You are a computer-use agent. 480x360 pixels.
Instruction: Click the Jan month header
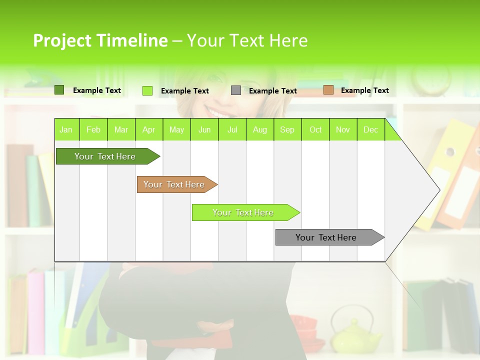[66, 129]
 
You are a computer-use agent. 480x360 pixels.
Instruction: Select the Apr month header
[149, 129]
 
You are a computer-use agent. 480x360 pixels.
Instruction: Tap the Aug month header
[260, 129]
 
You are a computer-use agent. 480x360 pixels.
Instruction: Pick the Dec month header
[371, 129]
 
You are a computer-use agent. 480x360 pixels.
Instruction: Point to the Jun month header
[204, 129]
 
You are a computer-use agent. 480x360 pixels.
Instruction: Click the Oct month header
[315, 129]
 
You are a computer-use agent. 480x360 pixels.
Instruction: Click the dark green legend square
[59, 90]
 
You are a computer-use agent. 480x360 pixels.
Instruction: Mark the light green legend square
[147, 90]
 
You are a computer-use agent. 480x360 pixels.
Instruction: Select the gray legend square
[236, 90]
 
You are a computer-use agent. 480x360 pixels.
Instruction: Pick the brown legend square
[328, 90]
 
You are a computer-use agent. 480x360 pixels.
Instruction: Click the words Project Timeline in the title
[100, 40]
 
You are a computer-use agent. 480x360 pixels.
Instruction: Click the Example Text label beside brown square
[364, 90]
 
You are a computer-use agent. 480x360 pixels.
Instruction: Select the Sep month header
[287, 129]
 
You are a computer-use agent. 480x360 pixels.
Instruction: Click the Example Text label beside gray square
[272, 91]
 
